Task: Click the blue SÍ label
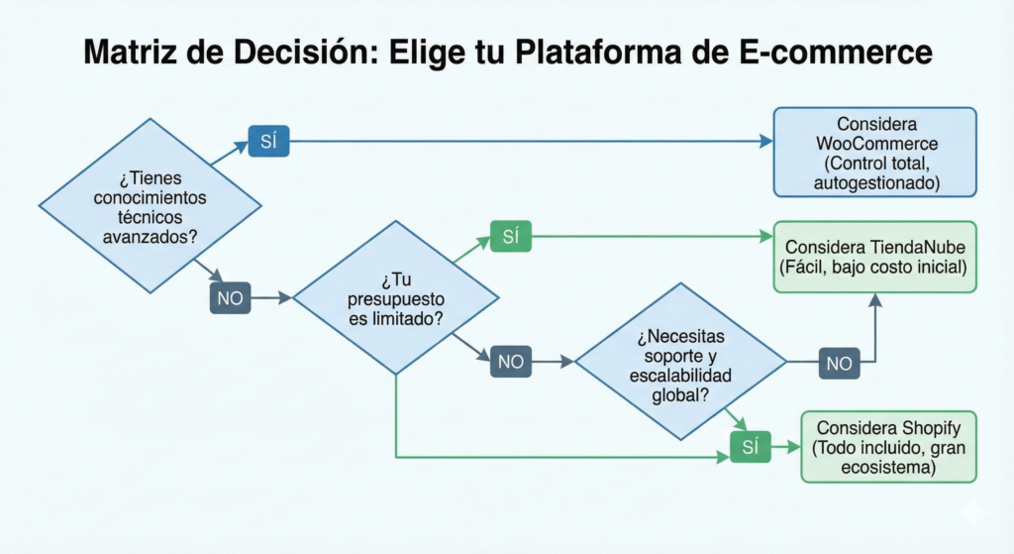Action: coord(268,142)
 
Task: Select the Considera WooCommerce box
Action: coord(875,154)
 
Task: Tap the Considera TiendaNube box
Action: coord(875,257)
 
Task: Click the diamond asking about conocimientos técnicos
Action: coord(150,206)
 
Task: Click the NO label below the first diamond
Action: coord(230,296)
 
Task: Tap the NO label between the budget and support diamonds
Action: coord(511,362)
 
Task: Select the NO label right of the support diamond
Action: coord(839,363)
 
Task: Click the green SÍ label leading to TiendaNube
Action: coord(511,237)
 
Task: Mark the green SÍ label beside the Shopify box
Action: coord(750,448)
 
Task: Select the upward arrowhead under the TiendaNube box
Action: coord(875,299)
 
